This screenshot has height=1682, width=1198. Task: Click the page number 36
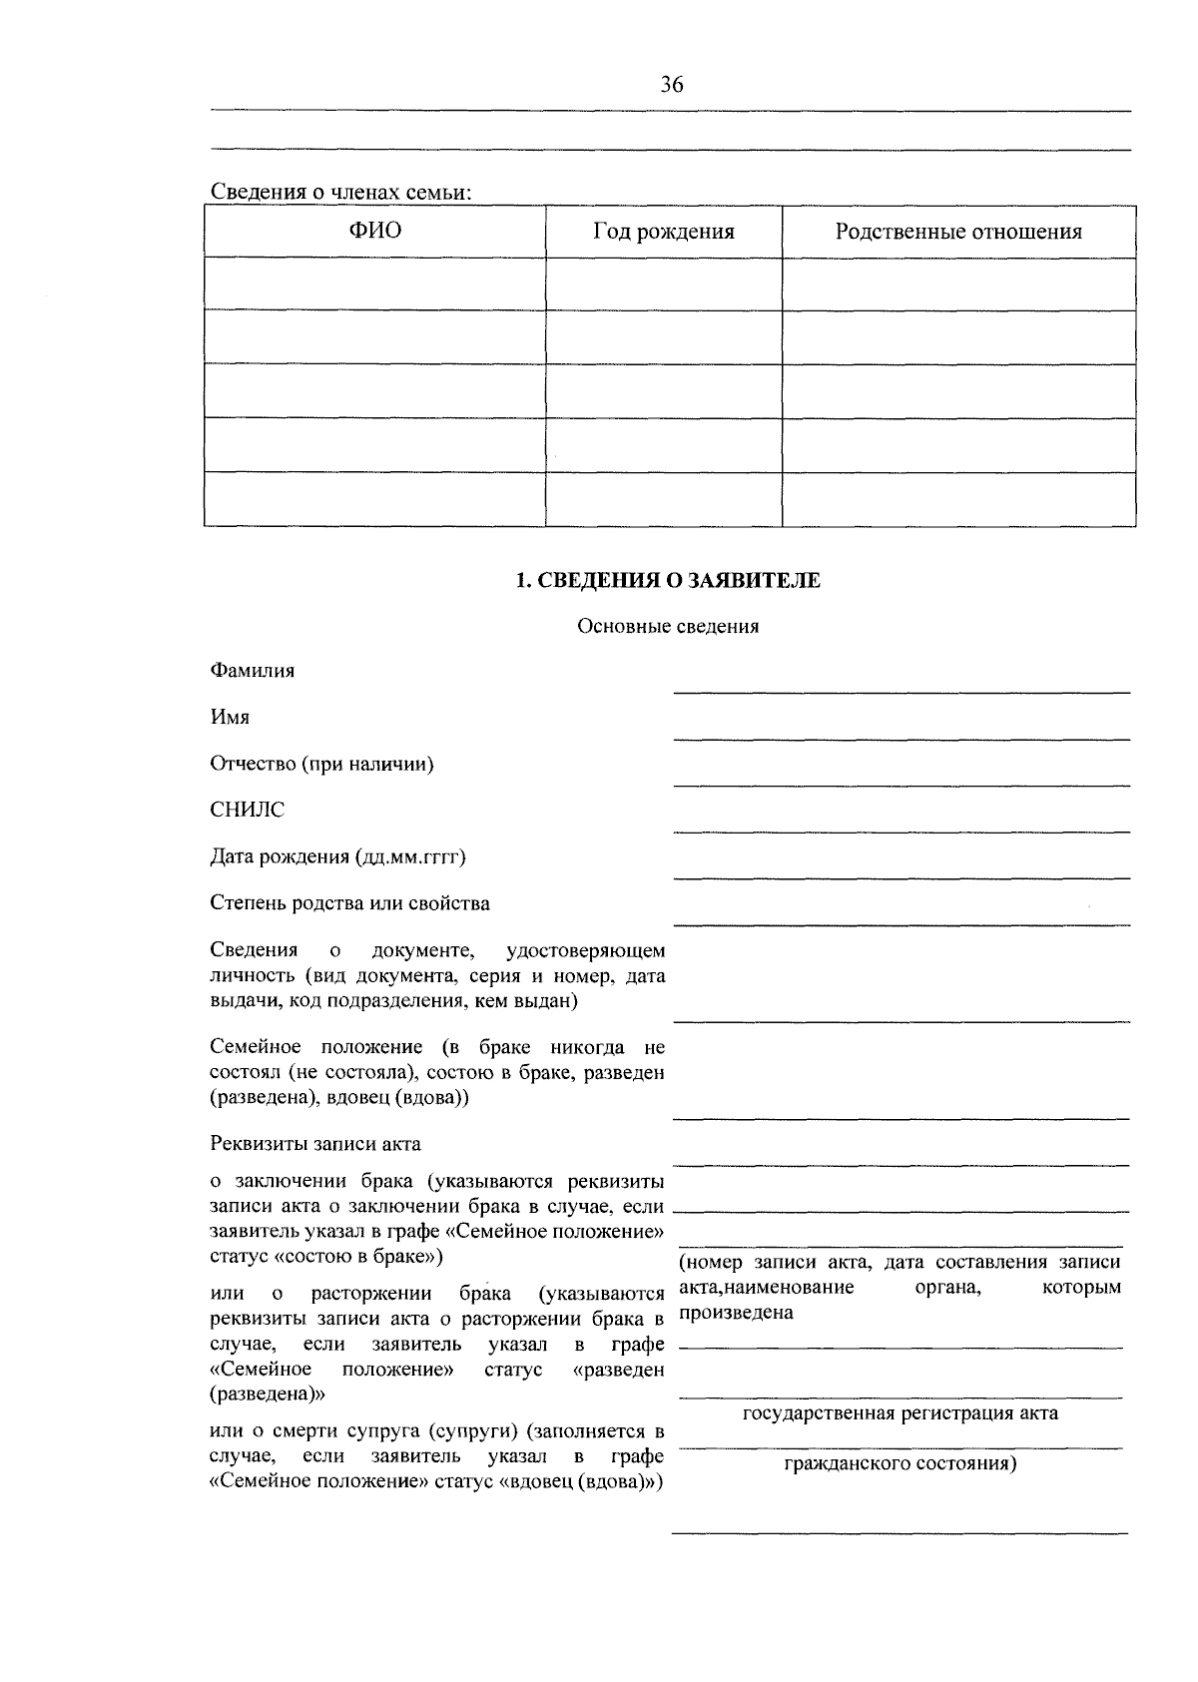pyautogui.click(x=672, y=86)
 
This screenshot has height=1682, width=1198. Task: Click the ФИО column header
pyautogui.click(x=374, y=232)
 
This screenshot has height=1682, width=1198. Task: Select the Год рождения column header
pyautogui.click(x=664, y=232)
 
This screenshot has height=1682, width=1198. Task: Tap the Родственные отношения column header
pyautogui.click(x=958, y=232)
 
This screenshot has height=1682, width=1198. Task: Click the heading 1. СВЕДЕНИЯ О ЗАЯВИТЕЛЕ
pyautogui.click(x=668, y=580)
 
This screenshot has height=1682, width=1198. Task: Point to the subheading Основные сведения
pyautogui.click(x=668, y=627)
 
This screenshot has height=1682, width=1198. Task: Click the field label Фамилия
pyautogui.click(x=253, y=671)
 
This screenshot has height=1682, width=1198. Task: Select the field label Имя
pyautogui.click(x=230, y=717)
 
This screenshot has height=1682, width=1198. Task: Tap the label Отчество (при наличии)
pyautogui.click(x=321, y=764)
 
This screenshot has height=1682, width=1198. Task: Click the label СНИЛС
pyautogui.click(x=247, y=810)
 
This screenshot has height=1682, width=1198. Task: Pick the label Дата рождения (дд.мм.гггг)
pyautogui.click(x=338, y=856)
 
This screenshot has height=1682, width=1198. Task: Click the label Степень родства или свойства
pyautogui.click(x=349, y=903)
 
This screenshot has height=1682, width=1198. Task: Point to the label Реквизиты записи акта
pyautogui.click(x=315, y=1144)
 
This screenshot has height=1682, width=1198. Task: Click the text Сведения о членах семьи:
pyautogui.click(x=339, y=192)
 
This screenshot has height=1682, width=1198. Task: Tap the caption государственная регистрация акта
pyautogui.click(x=900, y=1413)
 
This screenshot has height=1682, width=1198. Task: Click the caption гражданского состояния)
pyautogui.click(x=900, y=1464)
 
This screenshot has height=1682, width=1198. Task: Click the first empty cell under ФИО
pyautogui.click(x=374, y=284)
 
